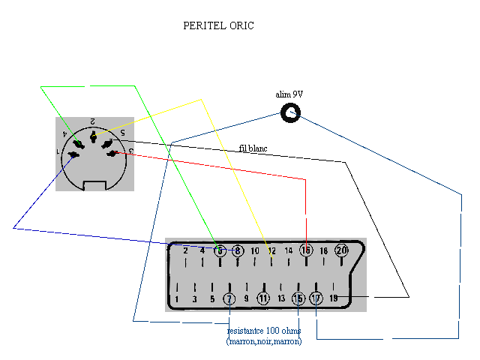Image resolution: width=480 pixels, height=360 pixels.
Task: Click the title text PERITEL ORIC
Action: (219, 25)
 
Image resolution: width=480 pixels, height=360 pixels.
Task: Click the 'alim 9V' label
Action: (289, 94)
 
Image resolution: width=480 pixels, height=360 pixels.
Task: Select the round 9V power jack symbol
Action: (290, 113)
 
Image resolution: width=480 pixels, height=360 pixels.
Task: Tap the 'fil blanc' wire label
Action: (253, 148)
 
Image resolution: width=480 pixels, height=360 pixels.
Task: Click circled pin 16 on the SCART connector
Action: (305, 250)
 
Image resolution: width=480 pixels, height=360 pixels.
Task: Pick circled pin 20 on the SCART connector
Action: (341, 250)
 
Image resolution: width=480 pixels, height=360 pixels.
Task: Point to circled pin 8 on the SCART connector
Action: (238, 250)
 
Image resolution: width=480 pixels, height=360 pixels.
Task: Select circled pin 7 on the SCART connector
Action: (229, 298)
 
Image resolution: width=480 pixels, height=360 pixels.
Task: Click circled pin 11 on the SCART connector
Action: (263, 298)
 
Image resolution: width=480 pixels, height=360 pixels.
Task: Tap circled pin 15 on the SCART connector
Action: (298, 298)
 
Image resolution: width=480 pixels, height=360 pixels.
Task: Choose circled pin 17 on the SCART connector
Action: (316, 298)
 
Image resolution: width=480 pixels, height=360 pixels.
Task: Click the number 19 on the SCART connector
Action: (334, 298)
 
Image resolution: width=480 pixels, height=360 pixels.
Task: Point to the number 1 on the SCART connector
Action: (177, 299)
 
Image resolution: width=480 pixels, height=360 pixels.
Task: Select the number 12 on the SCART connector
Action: (272, 251)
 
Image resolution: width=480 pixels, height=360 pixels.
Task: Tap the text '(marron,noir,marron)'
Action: (264, 341)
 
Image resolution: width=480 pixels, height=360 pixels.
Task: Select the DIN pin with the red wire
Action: (112, 153)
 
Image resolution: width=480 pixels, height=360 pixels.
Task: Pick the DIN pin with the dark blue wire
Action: (73, 156)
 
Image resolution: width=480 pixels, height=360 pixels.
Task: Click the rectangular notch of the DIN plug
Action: (94, 184)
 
